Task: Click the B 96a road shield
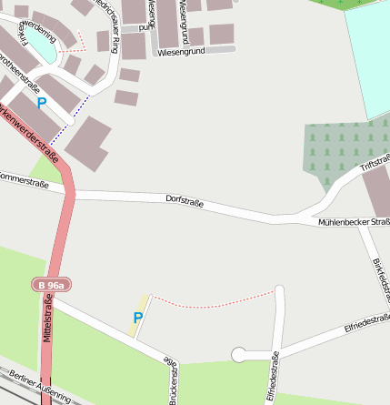point(51,285)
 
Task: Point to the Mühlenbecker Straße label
point(355,222)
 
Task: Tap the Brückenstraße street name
point(173,377)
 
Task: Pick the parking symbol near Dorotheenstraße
point(41,103)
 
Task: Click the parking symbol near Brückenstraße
point(138,318)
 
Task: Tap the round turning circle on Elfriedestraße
point(239,355)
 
